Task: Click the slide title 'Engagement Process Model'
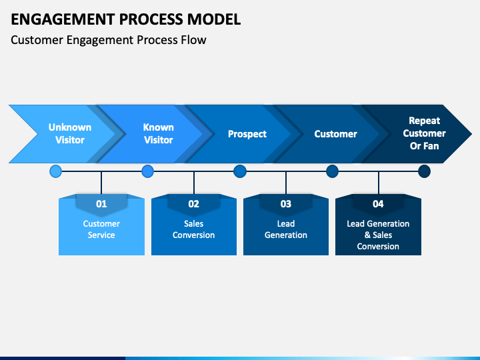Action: [x=126, y=19]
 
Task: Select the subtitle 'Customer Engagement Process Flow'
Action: [x=109, y=40]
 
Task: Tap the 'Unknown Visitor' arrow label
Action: [x=70, y=133]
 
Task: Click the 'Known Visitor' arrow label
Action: [x=158, y=133]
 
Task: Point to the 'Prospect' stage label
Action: [x=247, y=134]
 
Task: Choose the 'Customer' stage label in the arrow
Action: [x=335, y=134]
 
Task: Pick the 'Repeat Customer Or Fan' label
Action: [x=424, y=133]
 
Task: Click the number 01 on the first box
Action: [x=101, y=204]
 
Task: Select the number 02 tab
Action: [x=193, y=204]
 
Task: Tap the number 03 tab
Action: [x=286, y=204]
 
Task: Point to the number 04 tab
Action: [x=378, y=204]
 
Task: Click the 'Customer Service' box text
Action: [x=101, y=229]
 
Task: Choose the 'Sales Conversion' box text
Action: [x=193, y=229]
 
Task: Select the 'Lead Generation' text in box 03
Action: [x=286, y=229]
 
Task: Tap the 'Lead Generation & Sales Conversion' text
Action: [x=378, y=235]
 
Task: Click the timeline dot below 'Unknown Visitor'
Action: [x=56, y=171]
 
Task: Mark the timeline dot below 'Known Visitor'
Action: [x=148, y=171]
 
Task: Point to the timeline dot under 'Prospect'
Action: [x=240, y=171]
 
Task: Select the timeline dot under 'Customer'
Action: [x=332, y=171]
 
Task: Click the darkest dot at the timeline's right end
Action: [x=424, y=171]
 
